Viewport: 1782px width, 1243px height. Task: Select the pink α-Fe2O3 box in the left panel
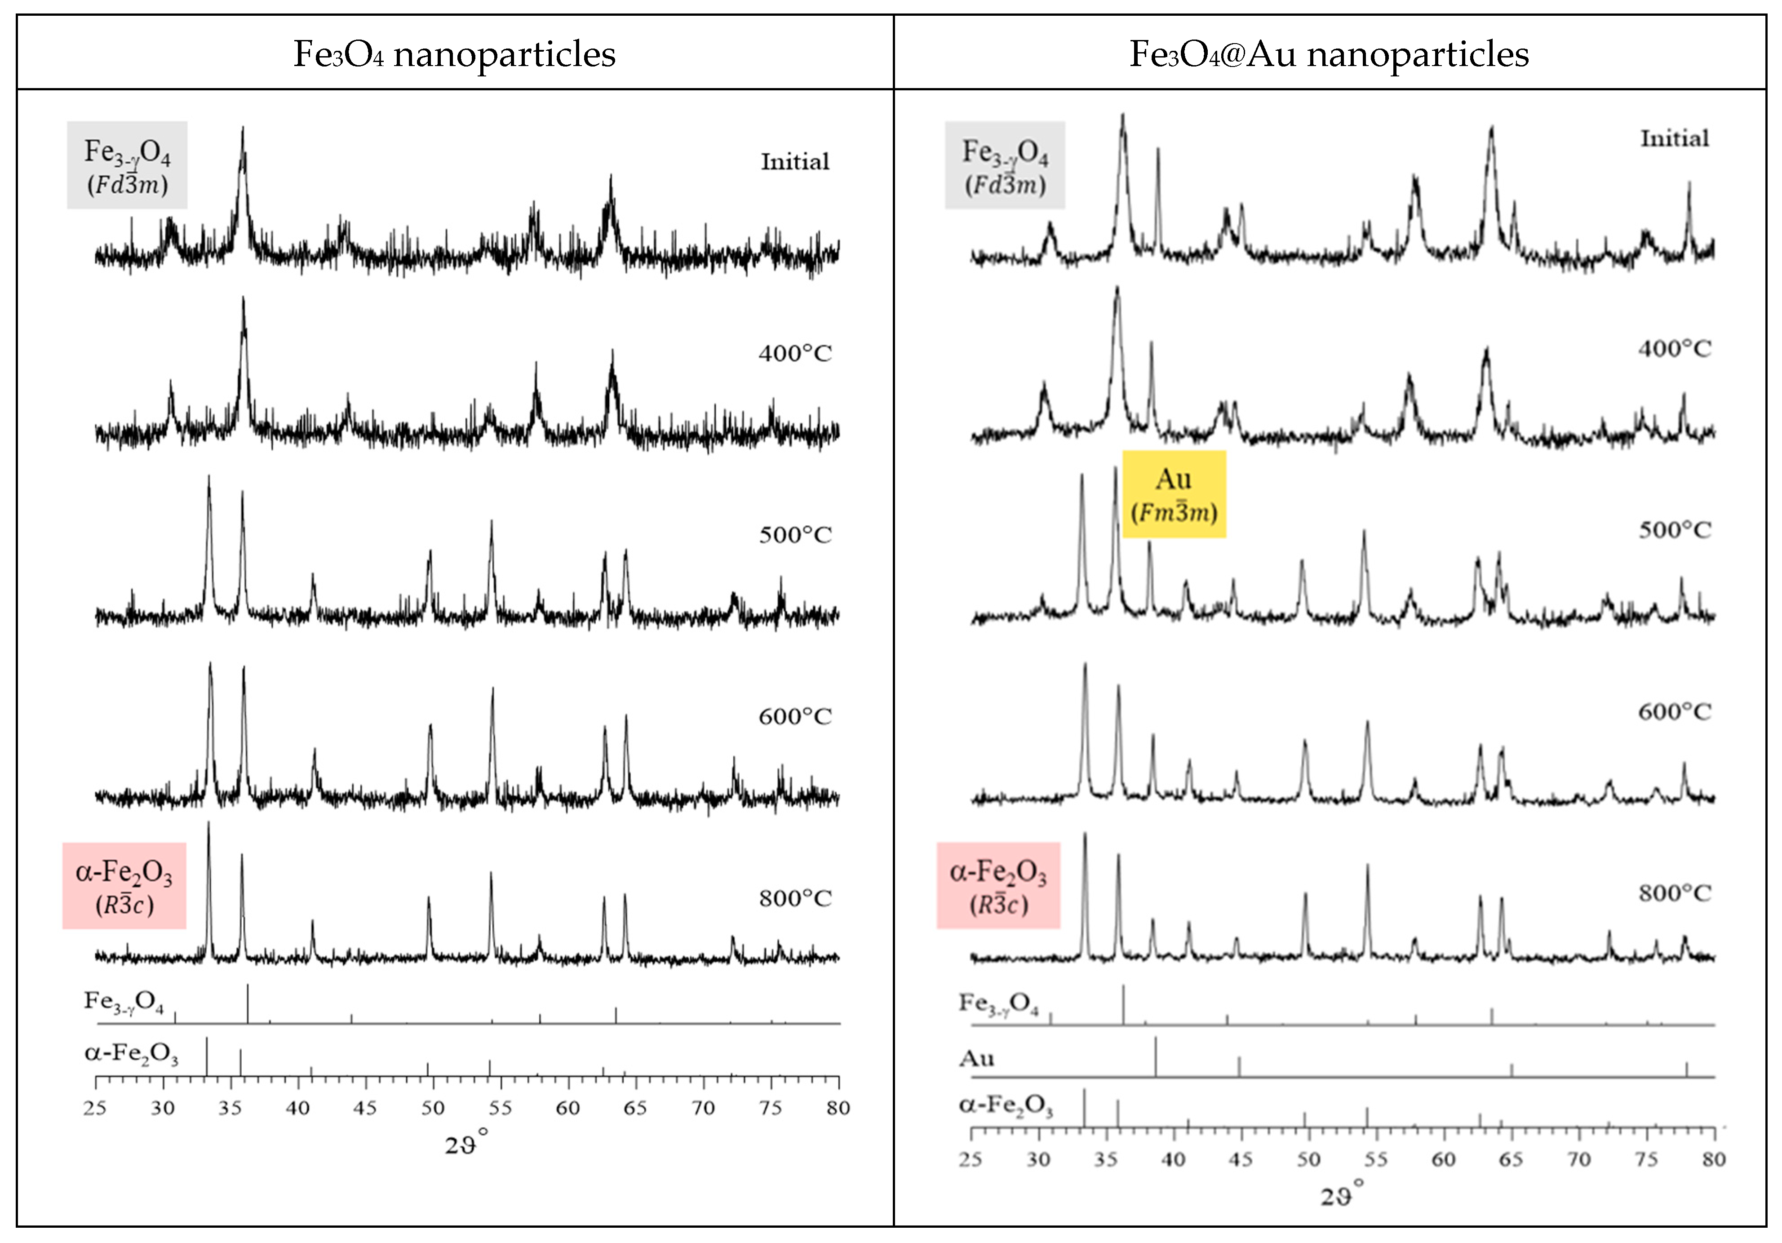pos(124,886)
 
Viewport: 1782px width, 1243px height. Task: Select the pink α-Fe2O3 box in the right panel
pos(998,886)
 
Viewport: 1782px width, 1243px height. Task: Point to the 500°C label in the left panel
pos(795,535)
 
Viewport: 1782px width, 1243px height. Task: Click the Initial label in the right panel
pos(1674,139)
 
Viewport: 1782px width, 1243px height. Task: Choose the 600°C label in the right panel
pos(1674,712)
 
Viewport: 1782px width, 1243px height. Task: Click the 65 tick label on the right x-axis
pos(1510,1160)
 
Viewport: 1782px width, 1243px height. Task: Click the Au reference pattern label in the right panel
pos(976,1059)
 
